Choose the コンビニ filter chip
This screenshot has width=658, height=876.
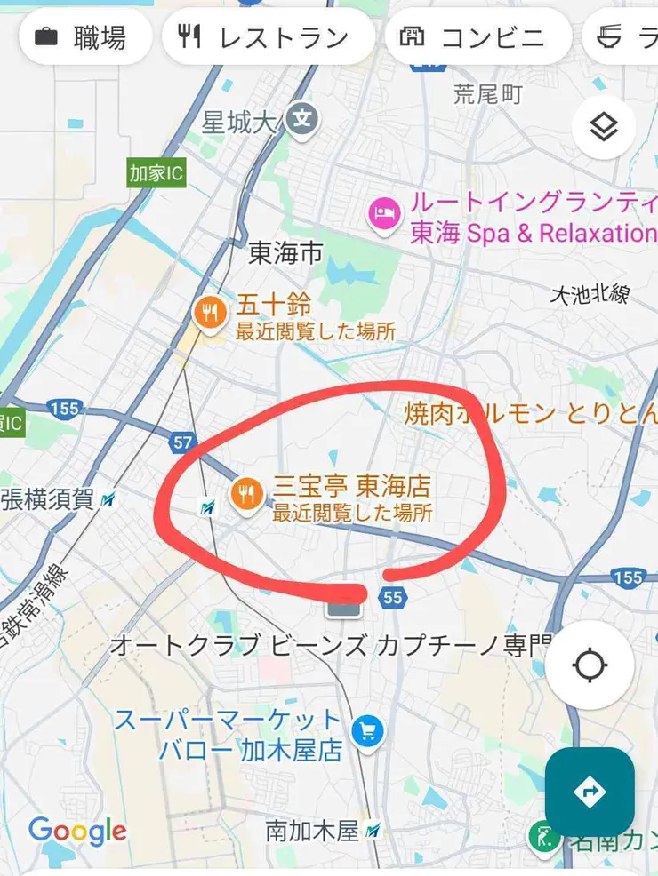[x=477, y=37]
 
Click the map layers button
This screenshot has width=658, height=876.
[x=604, y=128]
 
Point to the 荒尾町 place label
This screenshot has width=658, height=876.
[x=487, y=93]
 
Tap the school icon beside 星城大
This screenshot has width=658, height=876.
[x=303, y=118]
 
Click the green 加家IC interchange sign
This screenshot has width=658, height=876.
[x=156, y=173]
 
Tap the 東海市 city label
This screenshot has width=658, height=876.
[x=285, y=254]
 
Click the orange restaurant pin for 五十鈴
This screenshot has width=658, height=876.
[x=210, y=313]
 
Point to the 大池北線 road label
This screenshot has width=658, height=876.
[x=589, y=294]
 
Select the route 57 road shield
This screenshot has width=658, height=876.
[x=182, y=442]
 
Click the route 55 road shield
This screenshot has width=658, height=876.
[x=393, y=598]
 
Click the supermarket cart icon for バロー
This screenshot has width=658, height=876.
[x=366, y=731]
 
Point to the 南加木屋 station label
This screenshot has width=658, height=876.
[x=312, y=832]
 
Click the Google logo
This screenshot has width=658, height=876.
[x=77, y=832]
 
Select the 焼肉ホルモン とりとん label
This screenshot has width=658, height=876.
[x=530, y=413]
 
